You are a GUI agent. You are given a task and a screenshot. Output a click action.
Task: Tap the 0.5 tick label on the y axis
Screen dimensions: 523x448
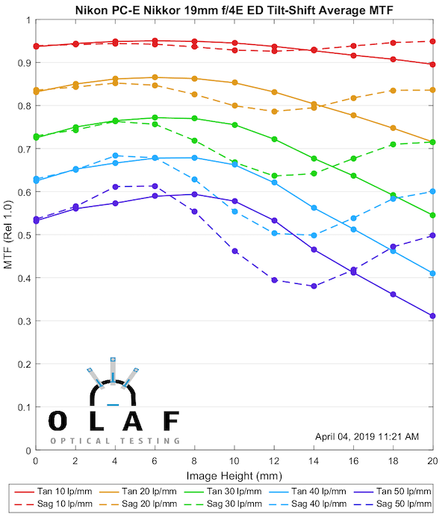coord(23,235)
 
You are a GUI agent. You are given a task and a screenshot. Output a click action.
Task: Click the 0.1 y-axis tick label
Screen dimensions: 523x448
coord(23,408)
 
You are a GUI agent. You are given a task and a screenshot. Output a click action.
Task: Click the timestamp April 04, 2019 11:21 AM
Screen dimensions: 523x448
coord(367,436)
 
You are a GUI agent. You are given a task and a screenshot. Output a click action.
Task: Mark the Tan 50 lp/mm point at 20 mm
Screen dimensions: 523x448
coord(432,316)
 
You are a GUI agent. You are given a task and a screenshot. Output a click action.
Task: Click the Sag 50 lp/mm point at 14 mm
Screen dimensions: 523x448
coord(314,286)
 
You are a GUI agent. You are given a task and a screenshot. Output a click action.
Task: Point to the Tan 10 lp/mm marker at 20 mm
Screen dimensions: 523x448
coord(432,64)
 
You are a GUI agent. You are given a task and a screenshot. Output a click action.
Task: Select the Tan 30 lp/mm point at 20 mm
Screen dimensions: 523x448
coord(432,215)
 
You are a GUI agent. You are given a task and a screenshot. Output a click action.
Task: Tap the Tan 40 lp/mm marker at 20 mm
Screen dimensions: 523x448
coord(432,273)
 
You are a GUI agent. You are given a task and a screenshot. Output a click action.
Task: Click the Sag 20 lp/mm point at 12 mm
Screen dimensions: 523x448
coord(275,111)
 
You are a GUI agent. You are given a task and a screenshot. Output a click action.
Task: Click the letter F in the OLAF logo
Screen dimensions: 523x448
coord(170,421)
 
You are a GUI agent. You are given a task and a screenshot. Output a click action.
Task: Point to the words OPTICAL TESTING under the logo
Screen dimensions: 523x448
coord(115,441)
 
